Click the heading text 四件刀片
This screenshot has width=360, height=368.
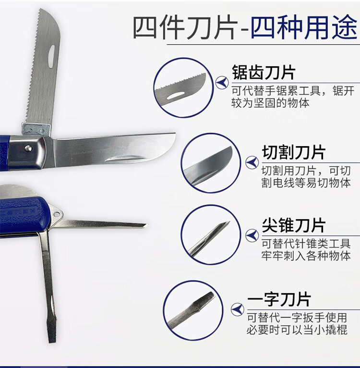click(x=184, y=27)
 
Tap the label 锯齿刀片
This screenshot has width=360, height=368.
click(x=264, y=74)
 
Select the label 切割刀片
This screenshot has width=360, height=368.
click(x=293, y=153)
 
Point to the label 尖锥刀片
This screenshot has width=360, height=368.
click(x=293, y=225)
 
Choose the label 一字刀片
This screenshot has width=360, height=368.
click(x=279, y=299)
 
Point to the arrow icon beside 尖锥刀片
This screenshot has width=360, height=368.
click(x=252, y=235)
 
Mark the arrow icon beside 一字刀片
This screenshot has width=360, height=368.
click(x=237, y=309)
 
